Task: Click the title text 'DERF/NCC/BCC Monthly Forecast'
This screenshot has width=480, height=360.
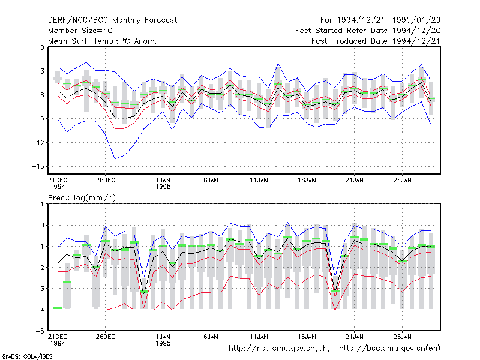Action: coord(112,20)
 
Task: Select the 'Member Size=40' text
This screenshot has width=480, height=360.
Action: coord(80,31)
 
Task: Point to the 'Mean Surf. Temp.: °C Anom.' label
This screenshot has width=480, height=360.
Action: coord(102,41)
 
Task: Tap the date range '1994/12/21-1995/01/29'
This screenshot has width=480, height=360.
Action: coord(388,20)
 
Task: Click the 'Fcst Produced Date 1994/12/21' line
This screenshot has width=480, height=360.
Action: coord(376,41)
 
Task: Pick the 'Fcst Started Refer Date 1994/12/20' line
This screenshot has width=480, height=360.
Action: coord(368,31)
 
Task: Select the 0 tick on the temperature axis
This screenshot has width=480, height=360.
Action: coord(42,47)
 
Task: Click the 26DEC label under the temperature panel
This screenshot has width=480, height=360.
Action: coord(106,181)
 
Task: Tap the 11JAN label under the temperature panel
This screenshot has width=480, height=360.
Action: coord(259,181)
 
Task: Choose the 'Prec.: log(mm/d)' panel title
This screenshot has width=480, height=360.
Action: coord(82,198)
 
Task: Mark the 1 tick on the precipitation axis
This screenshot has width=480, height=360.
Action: coord(42,204)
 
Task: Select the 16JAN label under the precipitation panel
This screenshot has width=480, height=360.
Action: coord(307,337)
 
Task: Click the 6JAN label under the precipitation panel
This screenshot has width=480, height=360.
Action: coord(211,337)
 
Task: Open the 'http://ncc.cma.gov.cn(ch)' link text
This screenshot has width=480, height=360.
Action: coord(279,349)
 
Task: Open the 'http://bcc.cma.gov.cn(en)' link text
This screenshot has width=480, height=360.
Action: coord(389,349)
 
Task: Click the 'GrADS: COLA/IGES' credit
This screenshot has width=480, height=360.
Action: coord(28,356)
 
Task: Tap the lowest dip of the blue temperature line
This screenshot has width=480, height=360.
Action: coord(115,158)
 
